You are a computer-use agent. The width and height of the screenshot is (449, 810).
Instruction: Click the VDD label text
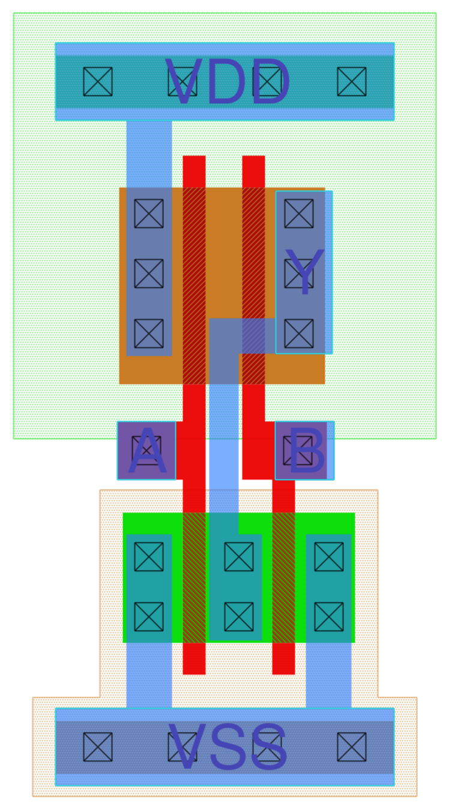228,82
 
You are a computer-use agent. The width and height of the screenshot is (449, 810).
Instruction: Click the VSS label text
228,747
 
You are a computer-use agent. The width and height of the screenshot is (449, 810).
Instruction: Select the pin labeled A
146,451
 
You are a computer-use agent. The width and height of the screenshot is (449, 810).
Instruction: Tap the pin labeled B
304,451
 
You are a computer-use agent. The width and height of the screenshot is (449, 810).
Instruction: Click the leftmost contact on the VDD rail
98,82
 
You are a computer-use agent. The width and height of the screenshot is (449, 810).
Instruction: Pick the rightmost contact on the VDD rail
352,82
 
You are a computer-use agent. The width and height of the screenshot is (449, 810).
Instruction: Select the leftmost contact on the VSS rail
98,747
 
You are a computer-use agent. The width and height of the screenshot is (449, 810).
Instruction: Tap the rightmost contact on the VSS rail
352,747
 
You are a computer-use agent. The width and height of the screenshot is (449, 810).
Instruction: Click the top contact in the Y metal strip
299,214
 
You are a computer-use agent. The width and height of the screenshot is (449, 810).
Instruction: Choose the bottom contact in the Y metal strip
299,334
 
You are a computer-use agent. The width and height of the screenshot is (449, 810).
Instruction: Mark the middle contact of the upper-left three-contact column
149,274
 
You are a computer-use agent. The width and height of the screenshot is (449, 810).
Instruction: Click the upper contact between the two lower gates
239,557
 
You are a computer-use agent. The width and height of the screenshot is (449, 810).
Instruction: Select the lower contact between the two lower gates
239,617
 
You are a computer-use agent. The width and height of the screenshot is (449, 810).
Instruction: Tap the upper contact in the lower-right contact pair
329,557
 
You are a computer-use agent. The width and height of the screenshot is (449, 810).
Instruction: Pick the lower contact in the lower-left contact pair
149,617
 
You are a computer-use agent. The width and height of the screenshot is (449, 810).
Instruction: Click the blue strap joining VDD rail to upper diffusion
149,153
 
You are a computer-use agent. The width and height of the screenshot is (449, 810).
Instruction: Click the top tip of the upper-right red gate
253,163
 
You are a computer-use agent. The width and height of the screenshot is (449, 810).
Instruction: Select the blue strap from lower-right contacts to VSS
328,675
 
